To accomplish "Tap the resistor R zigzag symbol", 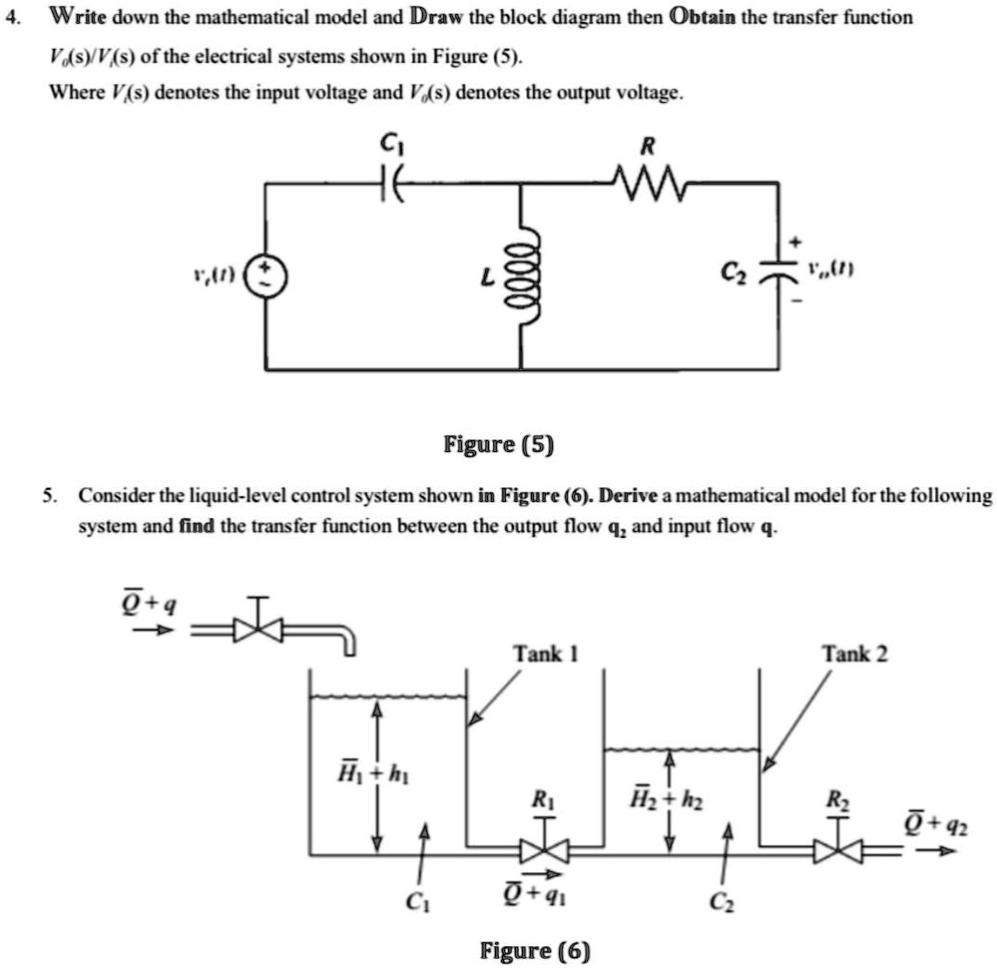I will [648, 183].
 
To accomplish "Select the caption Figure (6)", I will [535, 949].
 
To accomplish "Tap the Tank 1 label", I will [545, 654].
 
